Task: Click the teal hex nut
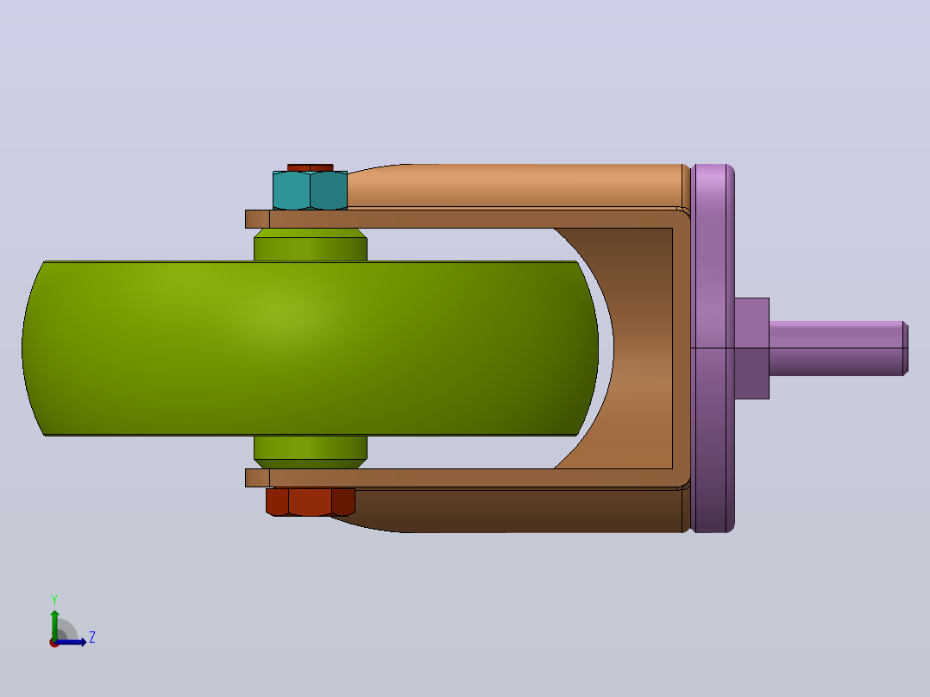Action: pos(311,191)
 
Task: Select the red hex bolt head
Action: pos(311,502)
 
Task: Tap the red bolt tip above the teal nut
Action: pos(311,167)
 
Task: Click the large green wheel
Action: pos(311,348)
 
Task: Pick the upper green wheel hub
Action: pos(311,244)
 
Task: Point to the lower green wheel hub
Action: pos(311,452)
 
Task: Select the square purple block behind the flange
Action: pos(752,348)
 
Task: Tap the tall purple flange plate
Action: pos(713,348)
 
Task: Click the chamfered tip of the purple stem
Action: pos(906,348)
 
